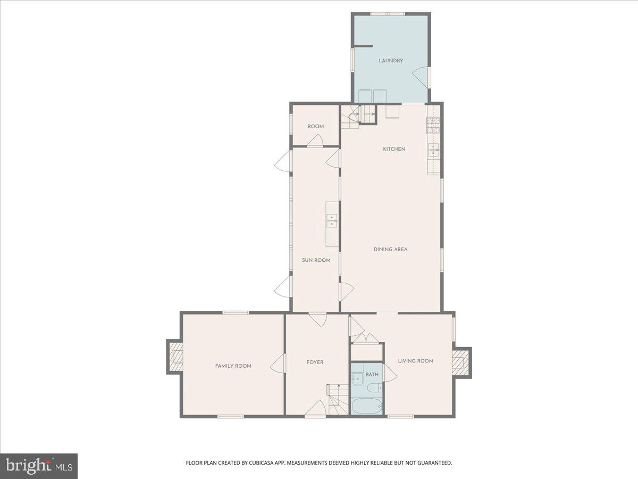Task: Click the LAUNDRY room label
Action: click(391, 61)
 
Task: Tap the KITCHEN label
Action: click(394, 149)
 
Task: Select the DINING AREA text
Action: click(390, 250)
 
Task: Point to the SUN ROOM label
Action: click(316, 260)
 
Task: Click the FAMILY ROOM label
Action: click(233, 366)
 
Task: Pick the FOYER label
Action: click(315, 362)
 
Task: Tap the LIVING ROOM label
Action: click(416, 361)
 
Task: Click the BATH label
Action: click(372, 375)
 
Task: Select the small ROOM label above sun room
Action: click(316, 127)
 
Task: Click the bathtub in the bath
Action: click(366, 406)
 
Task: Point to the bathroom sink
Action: click(357, 378)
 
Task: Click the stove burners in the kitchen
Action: click(433, 125)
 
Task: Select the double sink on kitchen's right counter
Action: click(433, 150)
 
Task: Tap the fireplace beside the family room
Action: click(175, 357)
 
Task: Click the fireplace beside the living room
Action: click(461, 362)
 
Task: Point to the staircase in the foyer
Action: click(338, 399)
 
